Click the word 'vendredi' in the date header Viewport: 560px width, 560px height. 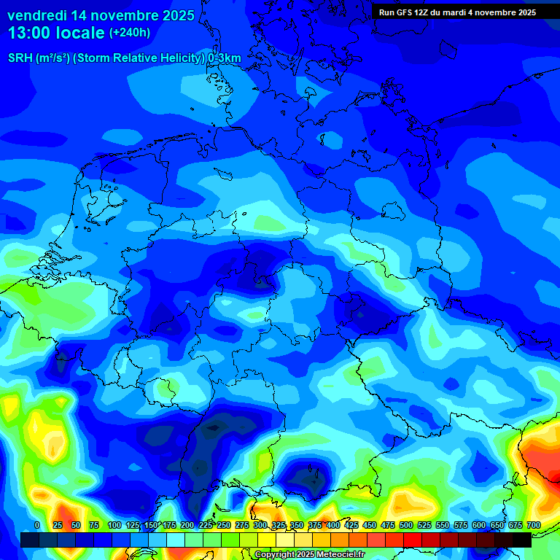point(36,15)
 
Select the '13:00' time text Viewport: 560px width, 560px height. point(28,33)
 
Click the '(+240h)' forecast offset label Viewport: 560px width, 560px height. point(130,33)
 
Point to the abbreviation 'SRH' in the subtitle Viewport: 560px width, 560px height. point(20,58)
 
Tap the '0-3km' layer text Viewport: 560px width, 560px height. point(224,58)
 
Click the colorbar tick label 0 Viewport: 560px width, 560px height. point(37,526)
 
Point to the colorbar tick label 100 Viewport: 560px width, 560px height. point(114,526)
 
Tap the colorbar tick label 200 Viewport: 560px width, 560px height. point(187,526)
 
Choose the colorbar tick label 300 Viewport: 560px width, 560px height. point(260,526)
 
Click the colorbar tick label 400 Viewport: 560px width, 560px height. point(333,526)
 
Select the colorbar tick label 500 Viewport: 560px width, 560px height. point(406,526)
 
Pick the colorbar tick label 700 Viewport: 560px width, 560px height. point(533,526)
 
